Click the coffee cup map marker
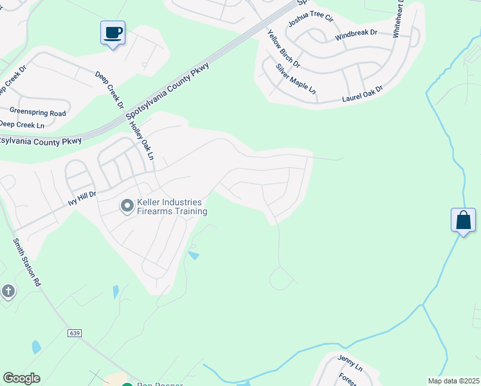[x=113, y=32]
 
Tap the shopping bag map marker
[x=463, y=221]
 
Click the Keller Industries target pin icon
[x=127, y=206]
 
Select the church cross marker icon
[x=8, y=291]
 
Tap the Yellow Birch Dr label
[x=283, y=49]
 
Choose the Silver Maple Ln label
[x=296, y=80]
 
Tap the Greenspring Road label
[x=38, y=111]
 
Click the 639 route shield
[x=75, y=333]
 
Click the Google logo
[x=21, y=378]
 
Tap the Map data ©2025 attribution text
[x=453, y=381]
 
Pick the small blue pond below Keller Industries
[x=194, y=256]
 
